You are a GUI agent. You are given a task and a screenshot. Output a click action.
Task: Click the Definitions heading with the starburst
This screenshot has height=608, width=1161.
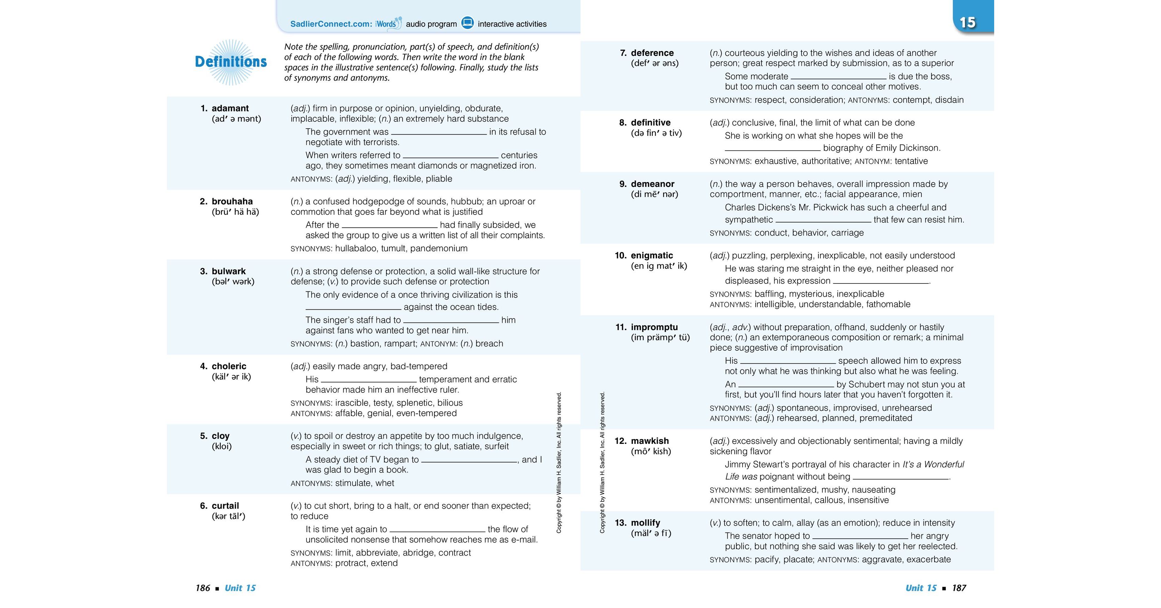pos(231,62)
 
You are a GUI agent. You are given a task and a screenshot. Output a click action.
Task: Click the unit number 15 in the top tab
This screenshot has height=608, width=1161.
pos(967,22)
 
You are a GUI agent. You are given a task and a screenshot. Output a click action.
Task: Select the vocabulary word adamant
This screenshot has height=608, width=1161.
pos(230,108)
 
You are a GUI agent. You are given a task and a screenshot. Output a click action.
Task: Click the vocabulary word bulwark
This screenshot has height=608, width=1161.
pos(229,271)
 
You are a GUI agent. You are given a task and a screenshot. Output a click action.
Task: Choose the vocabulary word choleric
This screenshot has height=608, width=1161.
pos(229,366)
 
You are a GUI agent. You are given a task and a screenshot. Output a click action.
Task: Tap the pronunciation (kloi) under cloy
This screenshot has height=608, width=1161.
pos(222,447)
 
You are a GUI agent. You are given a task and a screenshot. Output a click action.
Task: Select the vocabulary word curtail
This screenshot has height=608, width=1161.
pos(225,506)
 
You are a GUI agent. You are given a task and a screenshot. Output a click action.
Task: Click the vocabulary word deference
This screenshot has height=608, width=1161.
pos(652,53)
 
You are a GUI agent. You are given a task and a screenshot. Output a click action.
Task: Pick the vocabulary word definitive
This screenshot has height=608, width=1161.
pos(650,123)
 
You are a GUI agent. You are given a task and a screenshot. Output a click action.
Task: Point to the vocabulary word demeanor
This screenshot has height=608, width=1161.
pos(653,184)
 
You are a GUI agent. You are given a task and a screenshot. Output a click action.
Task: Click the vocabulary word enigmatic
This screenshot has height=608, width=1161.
pos(652,255)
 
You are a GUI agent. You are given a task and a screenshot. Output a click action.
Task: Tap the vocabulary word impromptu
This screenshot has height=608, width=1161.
pos(654,327)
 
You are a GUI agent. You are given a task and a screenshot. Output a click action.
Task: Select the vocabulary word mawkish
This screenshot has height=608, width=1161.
pos(650,441)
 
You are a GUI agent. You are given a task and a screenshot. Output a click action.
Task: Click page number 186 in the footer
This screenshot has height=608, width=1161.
pos(203,588)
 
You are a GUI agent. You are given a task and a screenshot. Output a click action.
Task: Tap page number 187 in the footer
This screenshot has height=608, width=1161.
pos(959,588)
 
